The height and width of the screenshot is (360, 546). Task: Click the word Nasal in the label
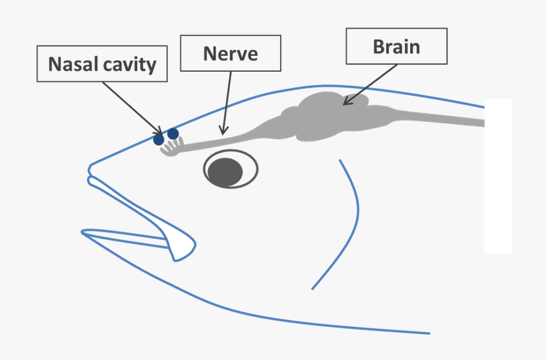pyautogui.click(x=72, y=64)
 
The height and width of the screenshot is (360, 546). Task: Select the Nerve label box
pyautogui.click(x=230, y=53)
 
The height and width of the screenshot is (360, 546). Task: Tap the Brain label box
pyautogui.click(x=396, y=46)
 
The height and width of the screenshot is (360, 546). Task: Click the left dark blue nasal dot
pyautogui.click(x=159, y=139)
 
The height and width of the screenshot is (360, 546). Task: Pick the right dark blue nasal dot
pyautogui.click(x=173, y=134)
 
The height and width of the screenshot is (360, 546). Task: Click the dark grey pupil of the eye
pyautogui.click(x=226, y=171)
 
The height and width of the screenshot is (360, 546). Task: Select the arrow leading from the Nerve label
pyautogui.click(x=227, y=102)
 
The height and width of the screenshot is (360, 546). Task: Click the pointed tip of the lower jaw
pyautogui.click(x=84, y=234)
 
